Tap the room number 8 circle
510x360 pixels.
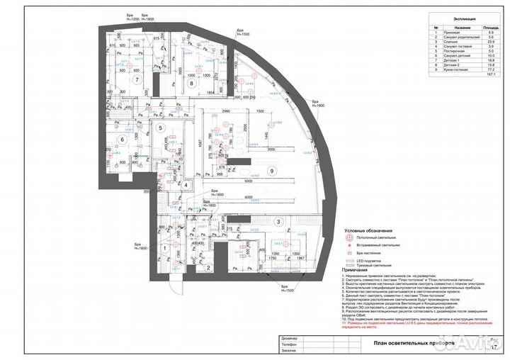click(x=191, y=84)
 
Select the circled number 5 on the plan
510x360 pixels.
click(x=161, y=128)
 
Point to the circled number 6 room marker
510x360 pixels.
click(x=122, y=140)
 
